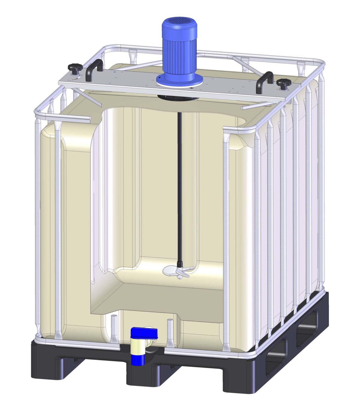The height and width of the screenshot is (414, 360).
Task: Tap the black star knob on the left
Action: pyautogui.click(x=75, y=68)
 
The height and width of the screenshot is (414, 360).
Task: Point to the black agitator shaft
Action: pyautogui.click(x=179, y=186)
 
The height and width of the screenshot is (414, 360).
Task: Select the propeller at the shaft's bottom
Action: pyautogui.click(x=177, y=272)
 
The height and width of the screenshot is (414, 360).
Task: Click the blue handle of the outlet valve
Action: pyautogui.click(x=144, y=333)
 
